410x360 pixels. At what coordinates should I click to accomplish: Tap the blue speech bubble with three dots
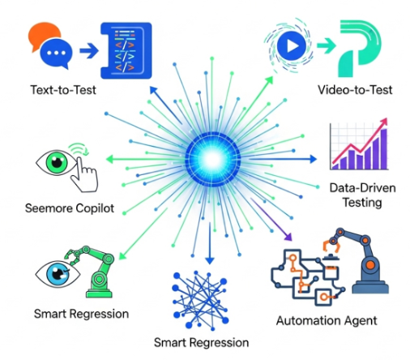pyautogui.click(x=57, y=54)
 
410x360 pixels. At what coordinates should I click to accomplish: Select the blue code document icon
pyautogui.click(x=126, y=50)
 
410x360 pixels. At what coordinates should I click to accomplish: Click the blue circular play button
pyautogui.click(x=291, y=45)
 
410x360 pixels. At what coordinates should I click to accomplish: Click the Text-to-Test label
pyautogui.click(x=63, y=90)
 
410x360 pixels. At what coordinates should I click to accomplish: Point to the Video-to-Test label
pyautogui.click(x=355, y=90)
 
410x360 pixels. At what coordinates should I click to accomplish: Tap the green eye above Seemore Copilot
pyautogui.click(x=57, y=163)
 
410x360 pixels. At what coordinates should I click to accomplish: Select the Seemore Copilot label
pyautogui.click(x=70, y=208)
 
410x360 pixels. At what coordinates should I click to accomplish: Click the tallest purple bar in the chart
pyautogui.click(x=383, y=149)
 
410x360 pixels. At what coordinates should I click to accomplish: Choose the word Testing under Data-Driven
pyautogui.click(x=362, y=203)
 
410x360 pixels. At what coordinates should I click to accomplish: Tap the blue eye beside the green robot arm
pyautogui.click(x=58, y=274)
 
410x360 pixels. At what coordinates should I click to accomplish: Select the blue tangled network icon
pyautogui.click(x=200, y=300)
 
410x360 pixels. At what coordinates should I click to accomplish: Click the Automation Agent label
pyautogui.click(x=327, y=321)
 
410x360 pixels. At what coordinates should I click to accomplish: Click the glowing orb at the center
pyautogui.click(x=213, y=160)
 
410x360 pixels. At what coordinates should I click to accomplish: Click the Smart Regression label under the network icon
pyautogui.click(x=201, y=342)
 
